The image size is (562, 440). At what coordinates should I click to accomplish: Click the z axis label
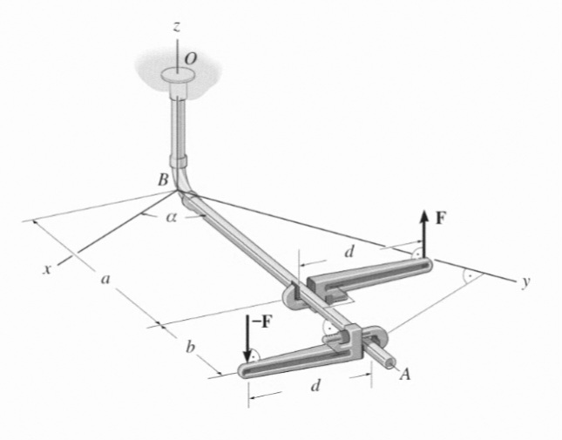pyautogui.click(x=176, y=26)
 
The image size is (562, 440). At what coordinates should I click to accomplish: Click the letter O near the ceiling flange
pyautogui.click(x=191, y=59)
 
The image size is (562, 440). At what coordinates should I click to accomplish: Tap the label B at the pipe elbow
pyautogui.click(x=164, y=179)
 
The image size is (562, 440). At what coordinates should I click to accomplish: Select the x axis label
pyautogui.click(x=46, y=268)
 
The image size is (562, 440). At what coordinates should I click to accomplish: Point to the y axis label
pyautogui.click(x=525, y=282)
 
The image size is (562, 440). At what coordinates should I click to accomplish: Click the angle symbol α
pyautogui.click(x=172, y=217)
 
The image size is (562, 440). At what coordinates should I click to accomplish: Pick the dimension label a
pyautogui.click(x=105, y=279)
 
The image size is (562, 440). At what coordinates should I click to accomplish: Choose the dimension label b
pyautogui.click(x=191, y=347)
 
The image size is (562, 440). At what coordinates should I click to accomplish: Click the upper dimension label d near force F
pyautogui.click(x=349, y=252)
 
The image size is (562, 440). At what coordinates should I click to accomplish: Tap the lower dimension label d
pyautogui.click(x=315, y=385)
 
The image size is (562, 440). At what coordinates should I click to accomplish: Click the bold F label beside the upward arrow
pyautogui.click(x=441, y=218)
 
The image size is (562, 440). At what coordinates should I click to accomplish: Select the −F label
pyautogui.click(x=261, y=322)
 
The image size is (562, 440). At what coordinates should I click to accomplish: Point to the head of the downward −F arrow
pyautogui.click(x=247, y=356)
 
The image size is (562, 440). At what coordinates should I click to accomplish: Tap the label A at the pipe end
pyautogui.click(x=405, y=375)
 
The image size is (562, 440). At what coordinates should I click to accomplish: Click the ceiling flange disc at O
pyautogui.click(x=178, y=75)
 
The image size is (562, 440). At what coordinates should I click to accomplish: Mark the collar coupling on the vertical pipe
pyautogui.click(x=178, y=161)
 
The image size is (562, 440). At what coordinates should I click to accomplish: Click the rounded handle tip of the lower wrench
pyautogui.click(x=242, y=370)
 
